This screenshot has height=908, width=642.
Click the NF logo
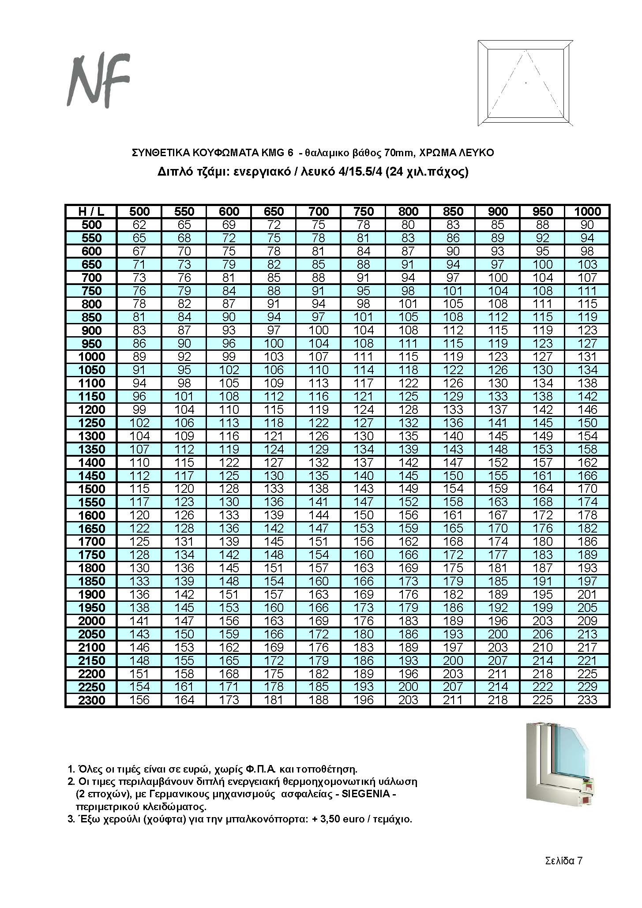98,81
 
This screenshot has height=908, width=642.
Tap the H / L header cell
91,211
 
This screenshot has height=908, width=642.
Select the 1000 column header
587,211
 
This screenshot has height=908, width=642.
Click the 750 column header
364,211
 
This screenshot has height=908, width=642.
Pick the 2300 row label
91,700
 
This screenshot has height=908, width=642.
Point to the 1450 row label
91,476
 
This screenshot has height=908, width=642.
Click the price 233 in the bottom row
587,700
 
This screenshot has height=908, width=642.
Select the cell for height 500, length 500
139,225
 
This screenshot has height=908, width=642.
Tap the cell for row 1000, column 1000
587,357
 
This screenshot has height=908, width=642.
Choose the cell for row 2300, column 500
139,700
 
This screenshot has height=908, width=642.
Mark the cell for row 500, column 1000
587,225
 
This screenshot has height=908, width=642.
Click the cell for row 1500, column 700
319,489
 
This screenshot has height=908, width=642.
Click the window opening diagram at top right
526,83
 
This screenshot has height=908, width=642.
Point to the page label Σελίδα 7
564,861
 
